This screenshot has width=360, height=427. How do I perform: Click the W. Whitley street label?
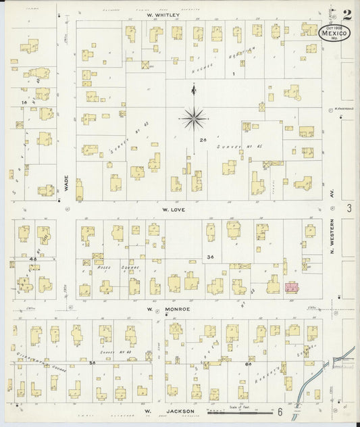pyautogui.click(x=162, y=14)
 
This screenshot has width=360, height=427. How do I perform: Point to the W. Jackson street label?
pyautogui.click(x=161, y=411)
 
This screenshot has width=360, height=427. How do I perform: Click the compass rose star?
pyautogui.click(x=194, y=119)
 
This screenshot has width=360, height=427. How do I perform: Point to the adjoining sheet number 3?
pyautogui.click(x=349, y=209)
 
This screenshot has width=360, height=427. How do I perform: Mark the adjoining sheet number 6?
pyautogui.click(x=278, y=411)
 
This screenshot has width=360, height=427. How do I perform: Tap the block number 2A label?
pyautogui.click(x=202, y=140)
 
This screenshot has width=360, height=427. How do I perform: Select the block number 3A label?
pyautogui.click(x=210, y=257)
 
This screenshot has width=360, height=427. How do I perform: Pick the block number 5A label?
pyautogui.click(x=91, y=362)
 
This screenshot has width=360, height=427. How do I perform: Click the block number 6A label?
pyautogui.click(x=249, y=363)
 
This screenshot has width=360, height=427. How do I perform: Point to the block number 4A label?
pyautogui.click(x=32, y=258)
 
